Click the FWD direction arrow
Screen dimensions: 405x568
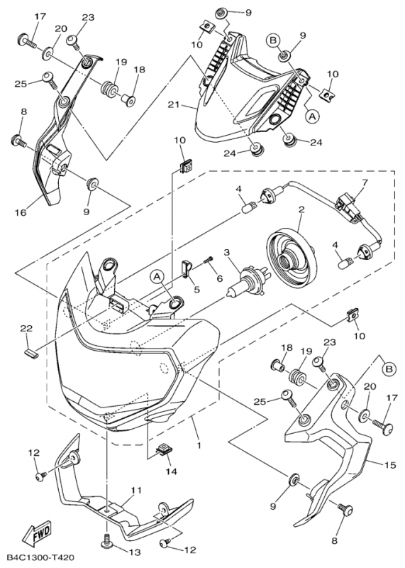pyautogui.click(x=37, y=535)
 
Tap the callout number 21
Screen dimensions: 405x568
pyautogui.click(x=174, y=105)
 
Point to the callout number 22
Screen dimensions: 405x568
pyautogui.click(x=26, y=329)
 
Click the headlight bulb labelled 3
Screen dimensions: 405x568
pyautogui.click(x=245, y=281)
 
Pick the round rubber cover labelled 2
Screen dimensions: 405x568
pyautogui.click(x=292, y=251)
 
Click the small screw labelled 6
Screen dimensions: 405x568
pyautogui.click(x=209, y=261)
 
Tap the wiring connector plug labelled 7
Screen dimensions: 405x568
pyautogui.click(x=348, y=206)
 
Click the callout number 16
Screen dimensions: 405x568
pyautogui.click(x=21, y=212)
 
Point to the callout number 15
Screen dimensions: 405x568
pyautogui.click(x=391, y=465)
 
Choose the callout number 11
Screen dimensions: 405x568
pyautogui.click(x=135, y=491)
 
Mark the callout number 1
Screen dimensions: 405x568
pyautogui.click(x=199, y=445)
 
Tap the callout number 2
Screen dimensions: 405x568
pyautogui.click(x=301, y=209)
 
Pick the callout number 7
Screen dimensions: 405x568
pyautogui.click(x=365, y=182)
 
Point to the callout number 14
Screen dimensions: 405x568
pyautogui.click(x=171, y=471)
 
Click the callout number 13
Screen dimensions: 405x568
pyautogui.click(x=134, y=552)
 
